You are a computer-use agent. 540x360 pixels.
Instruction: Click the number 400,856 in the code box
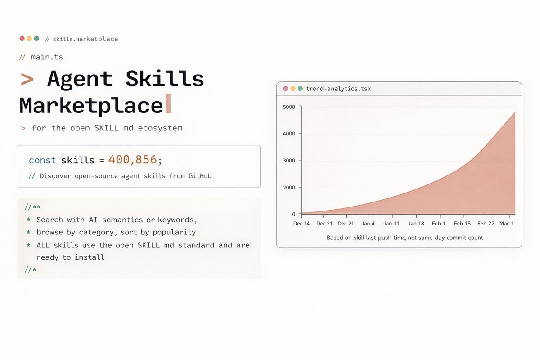click(x=133, y=160)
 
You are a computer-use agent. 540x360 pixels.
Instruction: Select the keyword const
click(x=42, y=160)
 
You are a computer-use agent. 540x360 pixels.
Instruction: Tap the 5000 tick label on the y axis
click(x=289, y=107)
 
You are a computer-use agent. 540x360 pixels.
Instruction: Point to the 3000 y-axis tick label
click(x=289, y=161)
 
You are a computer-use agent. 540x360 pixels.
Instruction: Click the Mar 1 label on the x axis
click(x=507, y=224)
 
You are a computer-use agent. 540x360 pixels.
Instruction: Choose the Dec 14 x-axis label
click(x=301, y=224)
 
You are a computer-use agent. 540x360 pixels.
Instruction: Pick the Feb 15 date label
click(x=462, y=224)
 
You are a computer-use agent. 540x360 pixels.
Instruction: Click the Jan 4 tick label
click(x=368, y=224)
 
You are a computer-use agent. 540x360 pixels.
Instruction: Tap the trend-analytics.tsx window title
click(x=338, y=89)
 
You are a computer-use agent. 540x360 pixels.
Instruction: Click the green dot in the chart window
click(x=300, y=89)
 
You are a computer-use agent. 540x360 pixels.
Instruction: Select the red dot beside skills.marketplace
click(x=22, y=39)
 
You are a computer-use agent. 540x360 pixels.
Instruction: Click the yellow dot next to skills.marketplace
click(x=29, y=39)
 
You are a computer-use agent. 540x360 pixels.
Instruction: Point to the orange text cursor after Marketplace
click(x=168, y=103)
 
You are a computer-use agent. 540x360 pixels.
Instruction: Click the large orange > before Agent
click(x=27, y=79)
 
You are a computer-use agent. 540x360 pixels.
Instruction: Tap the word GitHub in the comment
click(x=200, y=176)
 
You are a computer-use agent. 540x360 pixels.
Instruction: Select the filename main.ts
click(x=47, y=57)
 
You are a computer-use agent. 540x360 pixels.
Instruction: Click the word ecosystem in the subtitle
click(x=160, y=128)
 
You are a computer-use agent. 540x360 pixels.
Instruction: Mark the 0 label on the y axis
click(x=293, y=214)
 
